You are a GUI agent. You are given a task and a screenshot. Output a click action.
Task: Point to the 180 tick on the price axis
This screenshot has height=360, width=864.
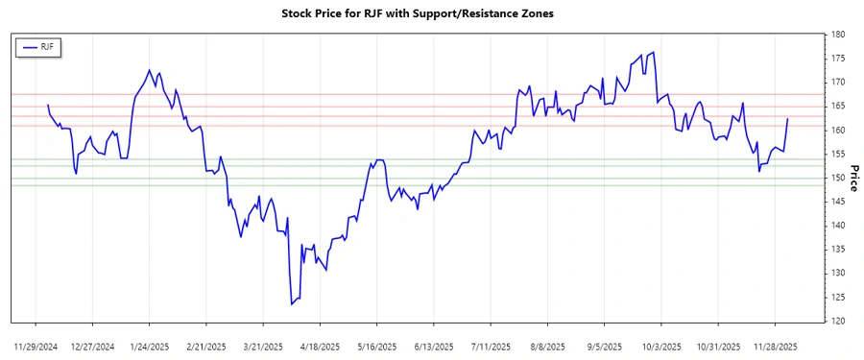coord(838,35)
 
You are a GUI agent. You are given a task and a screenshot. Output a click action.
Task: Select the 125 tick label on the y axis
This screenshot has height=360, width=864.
coord(838,297)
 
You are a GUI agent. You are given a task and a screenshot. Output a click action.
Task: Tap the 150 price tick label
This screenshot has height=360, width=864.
coord(838,178)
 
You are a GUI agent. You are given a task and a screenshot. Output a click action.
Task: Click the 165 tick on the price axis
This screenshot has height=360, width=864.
coord(838,107)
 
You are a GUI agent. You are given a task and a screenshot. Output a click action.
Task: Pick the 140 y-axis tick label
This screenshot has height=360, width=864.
coord(838,226)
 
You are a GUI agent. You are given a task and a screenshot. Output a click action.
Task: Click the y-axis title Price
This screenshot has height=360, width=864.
coord(853,178)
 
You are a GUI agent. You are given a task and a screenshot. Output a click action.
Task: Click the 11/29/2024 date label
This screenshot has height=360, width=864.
coord(37,345)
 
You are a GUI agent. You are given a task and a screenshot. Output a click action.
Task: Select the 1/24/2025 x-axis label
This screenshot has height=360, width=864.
coord(150,345)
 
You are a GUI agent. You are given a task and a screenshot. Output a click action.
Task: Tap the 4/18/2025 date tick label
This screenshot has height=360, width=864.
coord(320,345)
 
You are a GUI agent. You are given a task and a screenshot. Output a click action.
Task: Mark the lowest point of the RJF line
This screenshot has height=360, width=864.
coord(291,304)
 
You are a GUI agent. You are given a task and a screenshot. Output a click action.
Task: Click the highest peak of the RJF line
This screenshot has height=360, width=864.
coord(654,53)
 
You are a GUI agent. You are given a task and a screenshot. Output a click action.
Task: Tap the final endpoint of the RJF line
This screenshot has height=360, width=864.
coord(788,119)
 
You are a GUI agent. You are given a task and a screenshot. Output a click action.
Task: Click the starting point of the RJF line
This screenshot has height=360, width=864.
coord(47,105)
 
